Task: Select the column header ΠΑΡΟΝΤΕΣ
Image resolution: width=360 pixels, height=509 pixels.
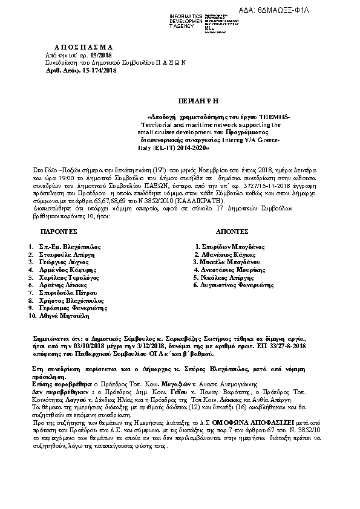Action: click(59, 232)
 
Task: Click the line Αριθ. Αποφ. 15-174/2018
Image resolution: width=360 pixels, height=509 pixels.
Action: click(82, 71)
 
